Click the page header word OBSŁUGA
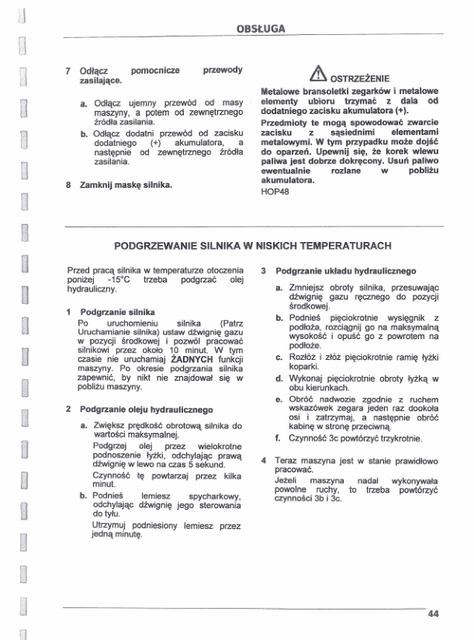pos(261,29)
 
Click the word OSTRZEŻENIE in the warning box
pos(359,77)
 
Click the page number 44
pos(432,614)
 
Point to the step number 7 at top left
pos(69,71)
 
